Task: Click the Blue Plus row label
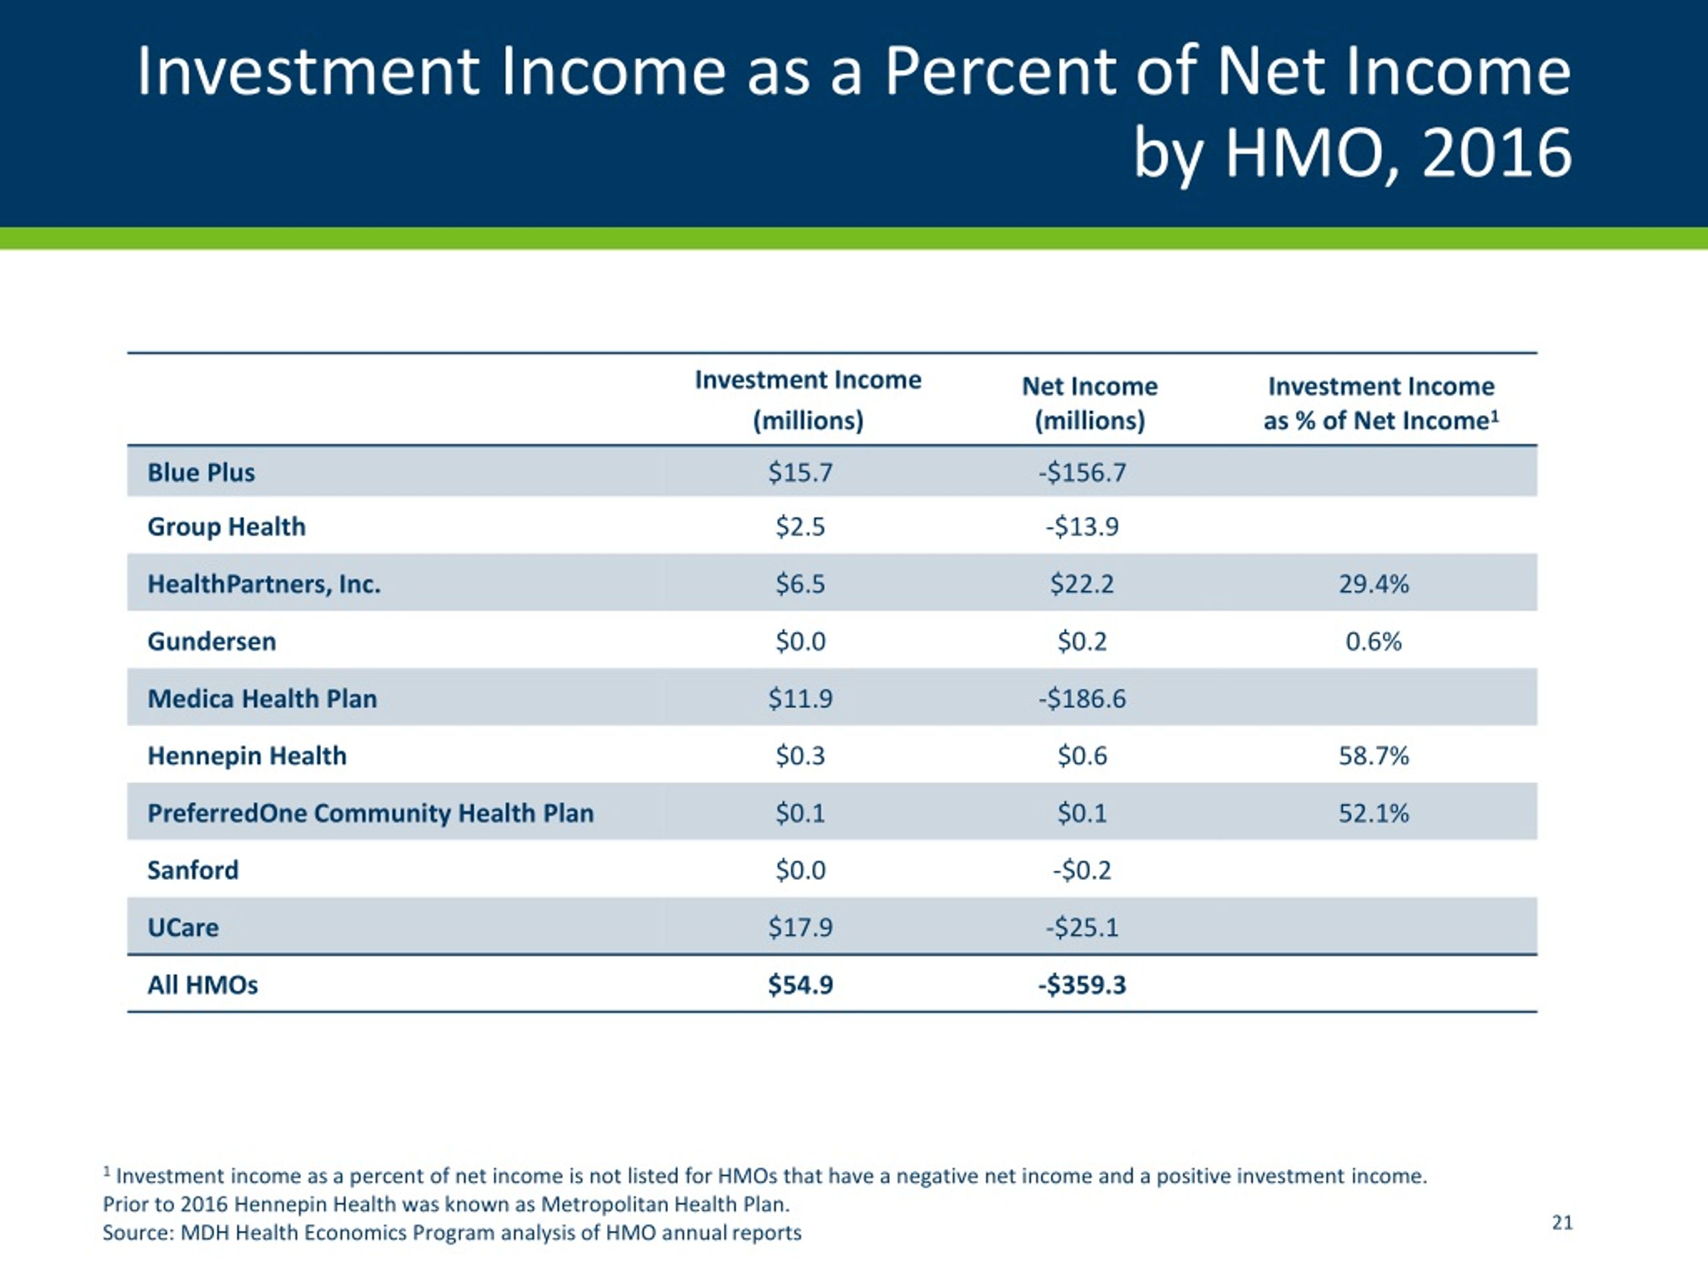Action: [x=201, y=472]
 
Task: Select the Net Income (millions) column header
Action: [x=1090, y=403]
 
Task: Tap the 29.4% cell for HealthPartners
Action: [x=1374, y=584]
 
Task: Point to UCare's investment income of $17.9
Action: [x=800, y=927]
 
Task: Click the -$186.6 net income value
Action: [x=1082, y=698]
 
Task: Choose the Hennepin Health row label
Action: [x=247, y=756]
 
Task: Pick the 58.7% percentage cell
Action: [x=1374, y=755]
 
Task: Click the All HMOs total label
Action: [x=202, y=985]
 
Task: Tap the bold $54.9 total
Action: [x=800, y=985]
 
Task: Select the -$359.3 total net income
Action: [x=1082, y=985]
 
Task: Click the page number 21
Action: [x=1562, y=1222]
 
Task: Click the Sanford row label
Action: [x=193, y=870]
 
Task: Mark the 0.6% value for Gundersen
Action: [x=1374, y=641]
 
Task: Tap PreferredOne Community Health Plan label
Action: [x=371, y=813]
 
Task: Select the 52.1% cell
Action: [x=1374, y=813]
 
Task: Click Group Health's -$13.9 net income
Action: [x=1082, y=526]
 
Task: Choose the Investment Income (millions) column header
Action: [x=808, y=400]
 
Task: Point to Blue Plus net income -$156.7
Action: [x=1082, y=472]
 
